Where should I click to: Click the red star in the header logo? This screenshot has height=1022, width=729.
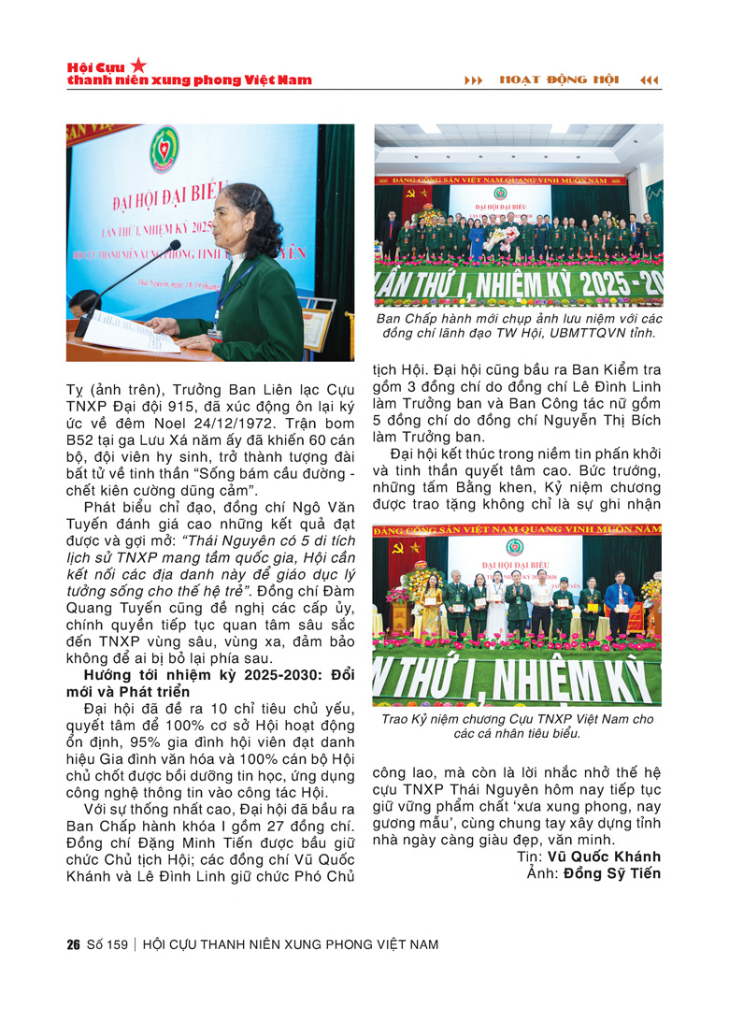(138, 65)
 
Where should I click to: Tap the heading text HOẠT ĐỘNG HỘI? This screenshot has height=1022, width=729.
(558, 80)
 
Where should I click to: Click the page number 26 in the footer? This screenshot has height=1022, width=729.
(73, 944)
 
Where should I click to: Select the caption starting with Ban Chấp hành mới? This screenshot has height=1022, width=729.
(518, 325)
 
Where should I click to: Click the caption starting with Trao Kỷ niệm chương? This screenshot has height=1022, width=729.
(518, 727)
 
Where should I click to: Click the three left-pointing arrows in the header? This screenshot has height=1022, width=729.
(650, 80)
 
